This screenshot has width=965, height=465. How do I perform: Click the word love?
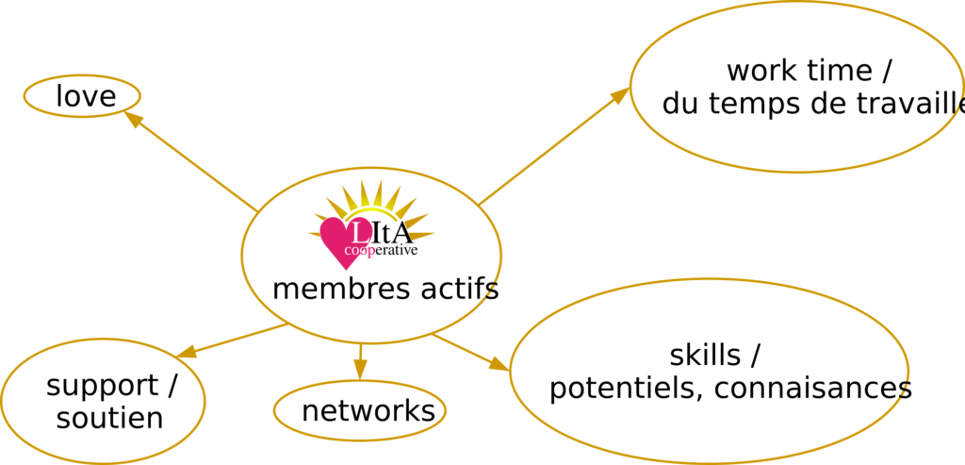85,96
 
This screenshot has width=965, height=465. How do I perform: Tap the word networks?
368,411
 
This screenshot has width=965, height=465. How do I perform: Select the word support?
103,386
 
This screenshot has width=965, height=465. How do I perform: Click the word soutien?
109,418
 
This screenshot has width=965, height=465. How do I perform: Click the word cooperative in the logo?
381,251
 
